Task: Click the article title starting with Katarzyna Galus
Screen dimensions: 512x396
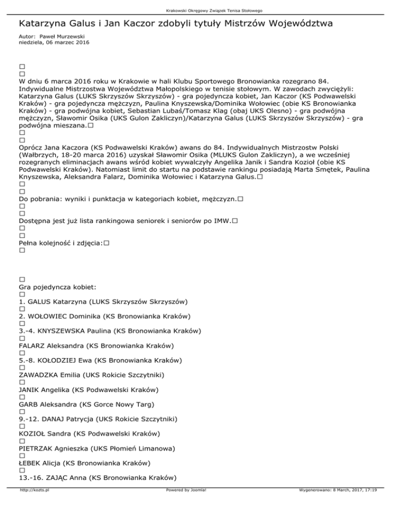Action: click(175, 24)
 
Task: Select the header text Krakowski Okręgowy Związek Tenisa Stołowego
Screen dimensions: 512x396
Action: click(198, 10)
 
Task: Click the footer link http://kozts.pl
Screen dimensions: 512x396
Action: click(31, 505)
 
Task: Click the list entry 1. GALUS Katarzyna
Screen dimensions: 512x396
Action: click(103, 301)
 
